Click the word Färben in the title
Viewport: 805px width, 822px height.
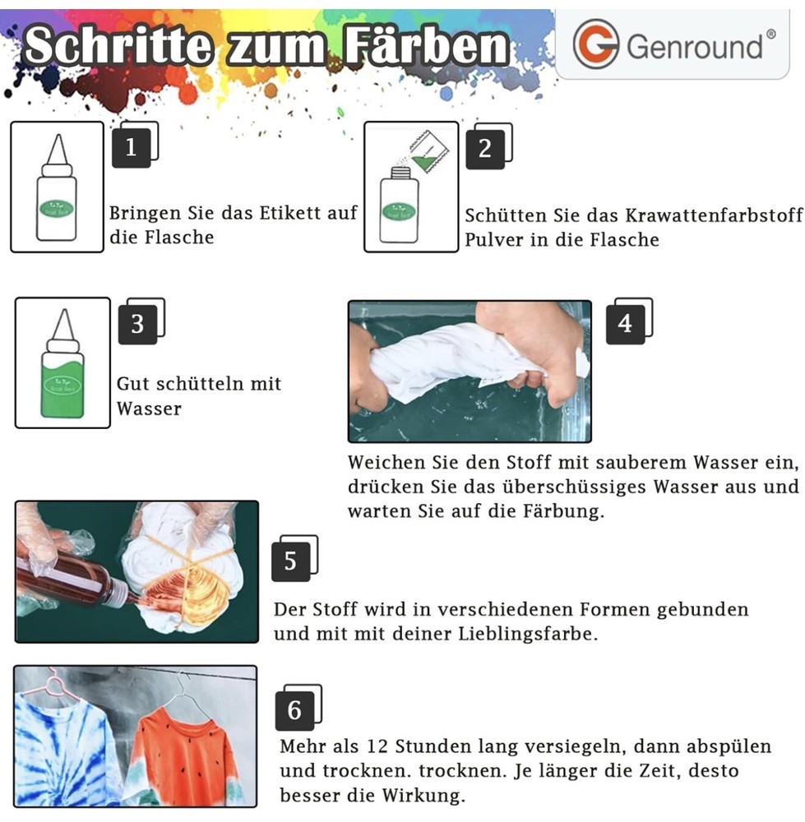(426, 45)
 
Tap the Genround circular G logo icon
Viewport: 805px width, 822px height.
(595, 44)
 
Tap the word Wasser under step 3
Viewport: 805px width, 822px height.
(149, 409)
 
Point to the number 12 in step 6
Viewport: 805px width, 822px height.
(377, 746)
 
